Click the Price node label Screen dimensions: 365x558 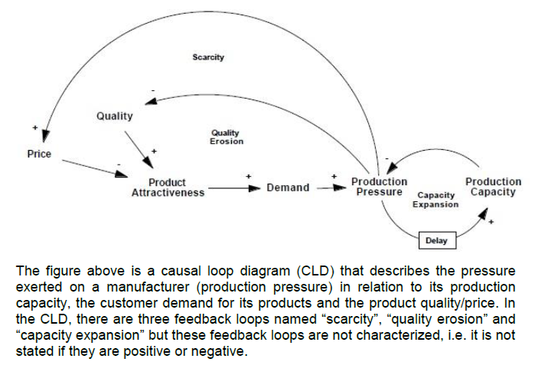[39, 154]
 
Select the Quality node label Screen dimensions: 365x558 [114, 116]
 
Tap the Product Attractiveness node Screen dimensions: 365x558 [168, 187]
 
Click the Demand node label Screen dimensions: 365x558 [288, 187]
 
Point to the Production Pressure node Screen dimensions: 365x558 [379, 187]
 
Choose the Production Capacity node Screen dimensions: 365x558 [493, 187]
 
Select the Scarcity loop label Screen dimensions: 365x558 [208, 57]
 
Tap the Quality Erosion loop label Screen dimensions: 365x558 [226, 137]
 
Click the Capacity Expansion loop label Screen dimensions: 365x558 [436, 200]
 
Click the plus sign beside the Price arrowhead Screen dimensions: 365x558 [34, 126]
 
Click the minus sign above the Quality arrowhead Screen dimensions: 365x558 [152, 90]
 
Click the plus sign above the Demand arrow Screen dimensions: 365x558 [248, 176]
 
